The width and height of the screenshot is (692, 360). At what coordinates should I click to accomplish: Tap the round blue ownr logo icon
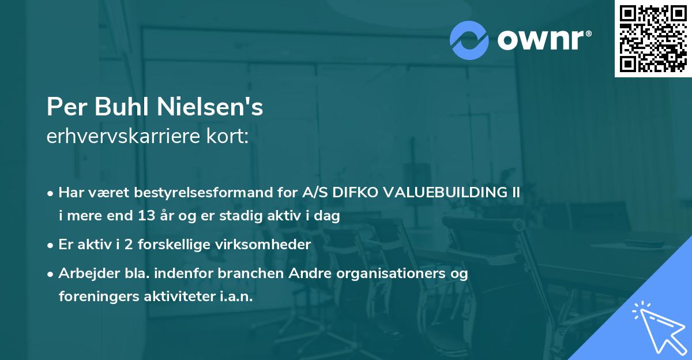pos(469,40)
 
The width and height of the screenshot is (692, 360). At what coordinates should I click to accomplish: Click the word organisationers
pos(393,273)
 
